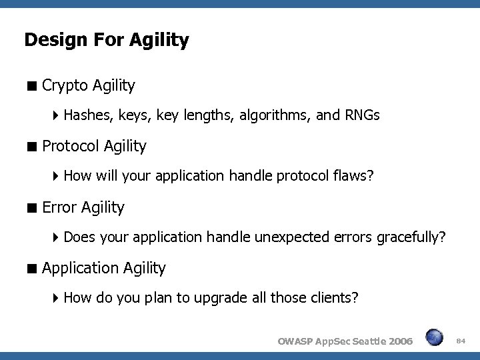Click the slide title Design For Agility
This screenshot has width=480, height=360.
(x=107, y=41)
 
